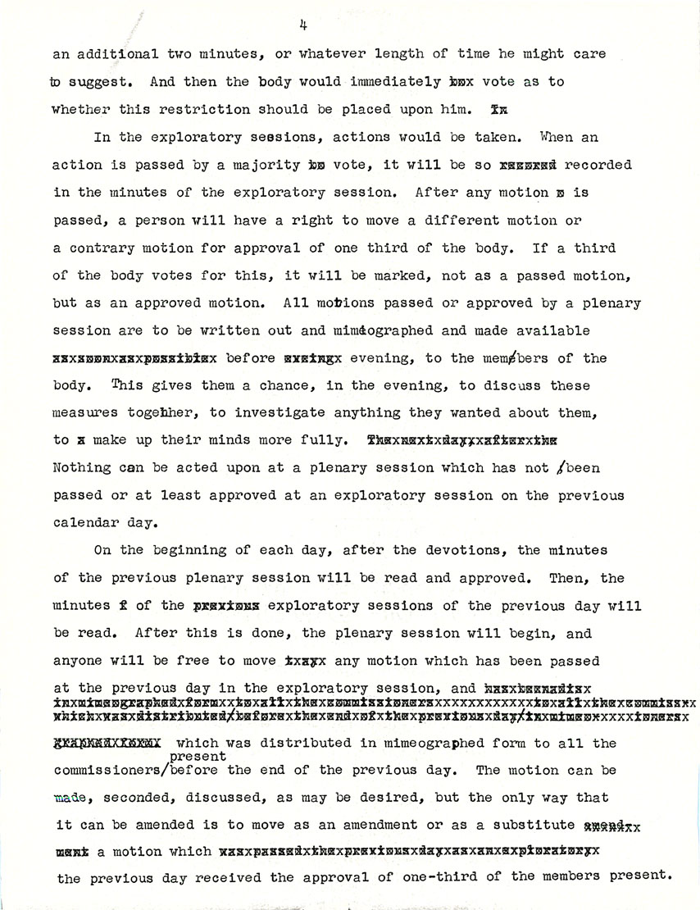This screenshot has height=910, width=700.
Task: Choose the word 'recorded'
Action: (597, 165)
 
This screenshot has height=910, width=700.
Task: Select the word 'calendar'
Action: (86, 524)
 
